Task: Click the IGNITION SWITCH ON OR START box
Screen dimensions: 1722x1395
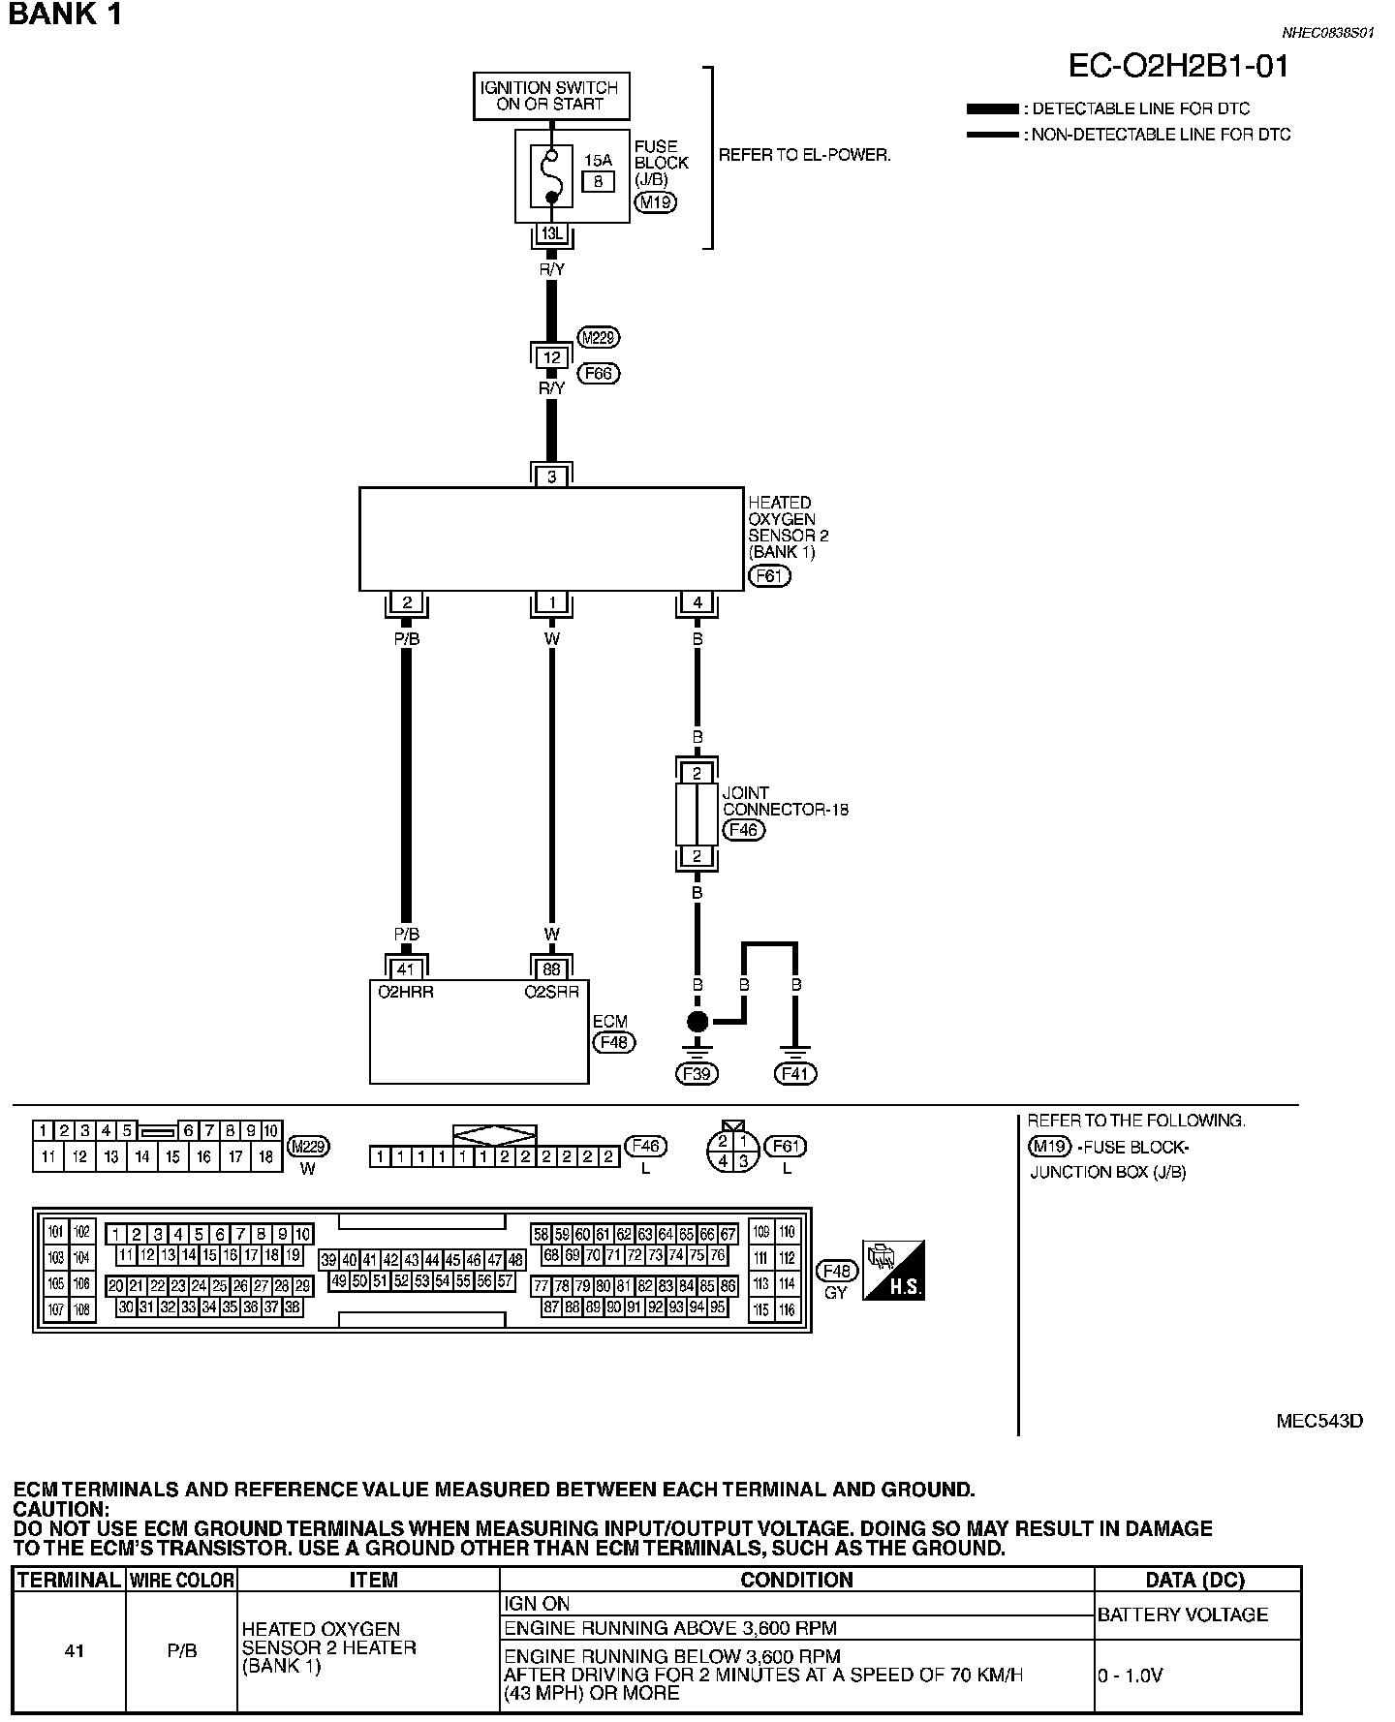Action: click(x=550, y=96)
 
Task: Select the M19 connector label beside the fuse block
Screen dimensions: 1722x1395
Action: click(x=656, y=202)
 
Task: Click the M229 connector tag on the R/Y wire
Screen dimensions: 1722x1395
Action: click(x=598, y=337)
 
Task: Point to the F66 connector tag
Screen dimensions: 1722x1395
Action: click(x=598, y=373)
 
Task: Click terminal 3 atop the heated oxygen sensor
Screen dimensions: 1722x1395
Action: click(x=551, y=477)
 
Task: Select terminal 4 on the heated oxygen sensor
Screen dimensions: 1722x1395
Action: click(x=697, y=602)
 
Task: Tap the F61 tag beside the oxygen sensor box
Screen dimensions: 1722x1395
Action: click(x=770, y=576)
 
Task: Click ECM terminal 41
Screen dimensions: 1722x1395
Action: click(x=406, y=968)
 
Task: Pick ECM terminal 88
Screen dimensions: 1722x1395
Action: click(x=551, y=968)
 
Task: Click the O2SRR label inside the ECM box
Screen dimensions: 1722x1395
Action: click(x=551, y=992)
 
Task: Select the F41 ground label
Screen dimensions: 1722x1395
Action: click(x=796, y=1073)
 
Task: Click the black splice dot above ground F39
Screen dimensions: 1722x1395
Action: click(x=697, y=1021)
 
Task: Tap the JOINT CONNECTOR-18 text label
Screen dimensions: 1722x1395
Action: click(x=785, y=801)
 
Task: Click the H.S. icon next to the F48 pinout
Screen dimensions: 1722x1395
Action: click(x=893, y=1270)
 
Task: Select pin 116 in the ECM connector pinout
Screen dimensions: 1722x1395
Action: click(x=787, y=1309)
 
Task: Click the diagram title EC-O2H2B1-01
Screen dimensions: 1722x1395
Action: click(x=1178, y=66)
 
